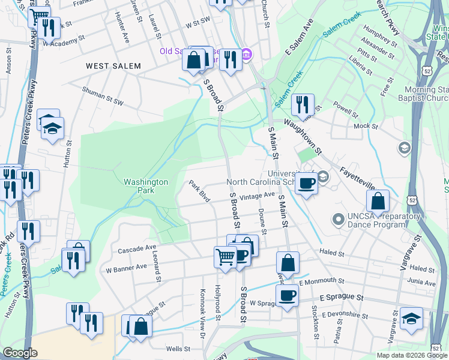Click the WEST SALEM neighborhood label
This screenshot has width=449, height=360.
(x=113, y=66)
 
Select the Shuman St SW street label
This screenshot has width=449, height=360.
(x=103, y=103)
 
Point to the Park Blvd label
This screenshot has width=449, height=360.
(x=199, y=191)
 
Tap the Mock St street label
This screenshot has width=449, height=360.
(x=366, y=127)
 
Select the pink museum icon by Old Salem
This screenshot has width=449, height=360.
(x=247, y=55)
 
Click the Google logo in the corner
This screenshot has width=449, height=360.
(x=20, y=353)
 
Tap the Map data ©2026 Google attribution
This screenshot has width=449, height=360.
(x=411, y=355)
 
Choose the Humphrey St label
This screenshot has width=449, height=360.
(x=376, y=35)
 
